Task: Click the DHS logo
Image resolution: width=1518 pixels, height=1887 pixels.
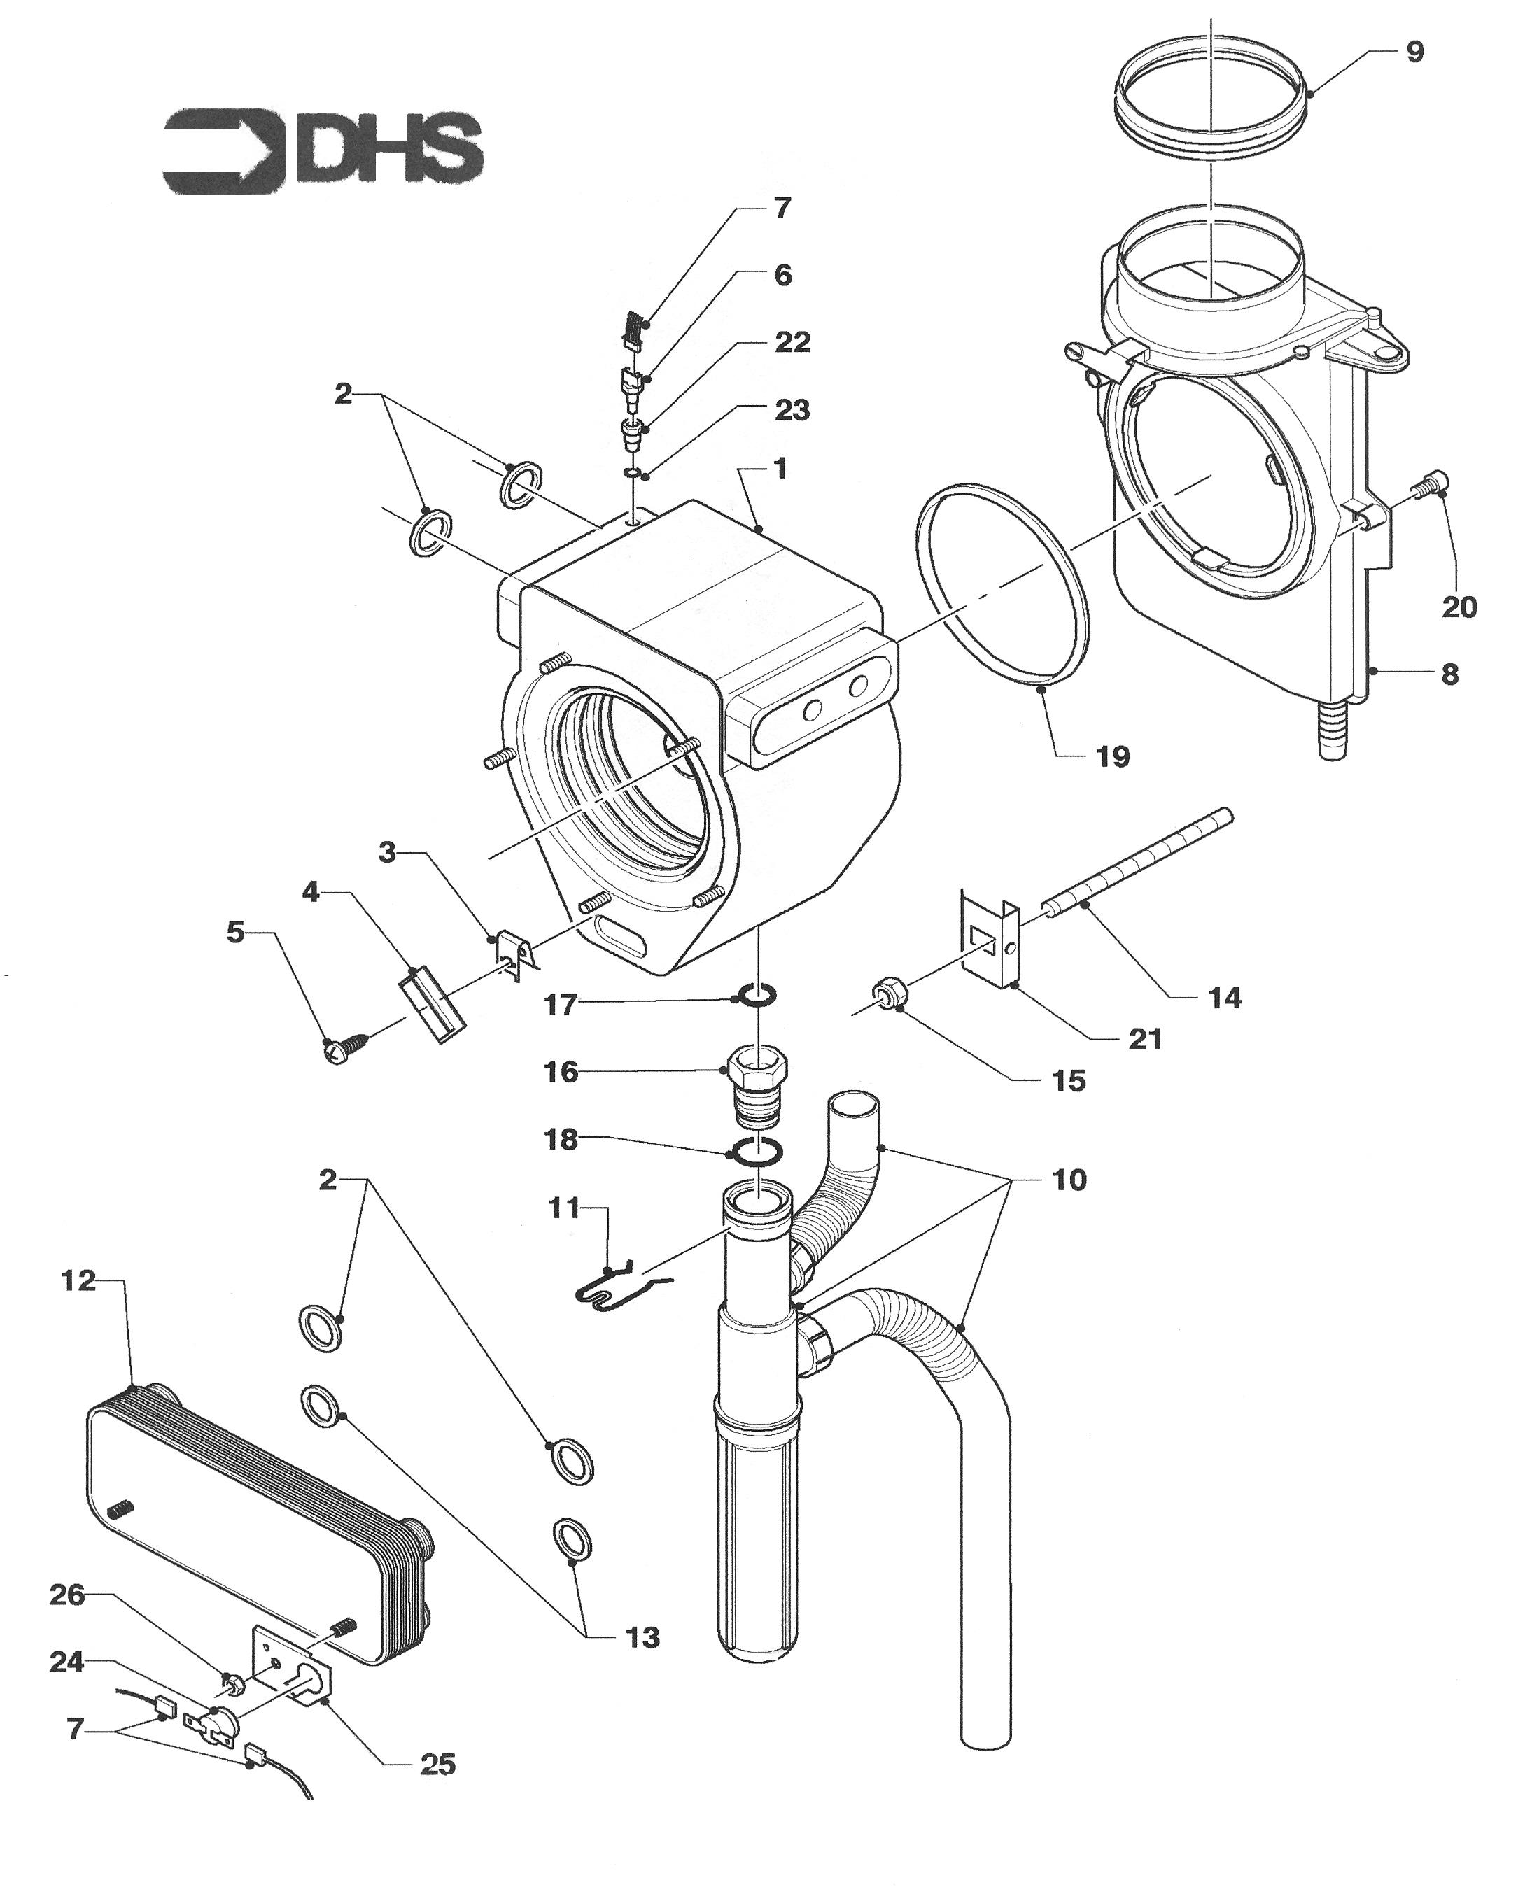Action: coord(322,150)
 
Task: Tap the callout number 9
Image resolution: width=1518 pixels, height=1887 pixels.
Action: coord(1414,52)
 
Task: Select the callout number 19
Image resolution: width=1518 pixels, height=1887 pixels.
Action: coord(1113,756)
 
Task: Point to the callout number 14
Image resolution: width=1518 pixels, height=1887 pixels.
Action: coord(1224,997)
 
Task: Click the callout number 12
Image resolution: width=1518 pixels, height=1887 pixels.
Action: coord(78,1280)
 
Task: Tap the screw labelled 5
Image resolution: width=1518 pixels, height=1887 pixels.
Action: coord(346,1047)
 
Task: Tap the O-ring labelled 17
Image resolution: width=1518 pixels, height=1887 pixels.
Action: coord(758,994)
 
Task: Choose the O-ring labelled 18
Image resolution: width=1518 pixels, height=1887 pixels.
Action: coord(757,1152)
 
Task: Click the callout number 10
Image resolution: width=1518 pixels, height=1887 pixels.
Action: coord(1069,1180)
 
